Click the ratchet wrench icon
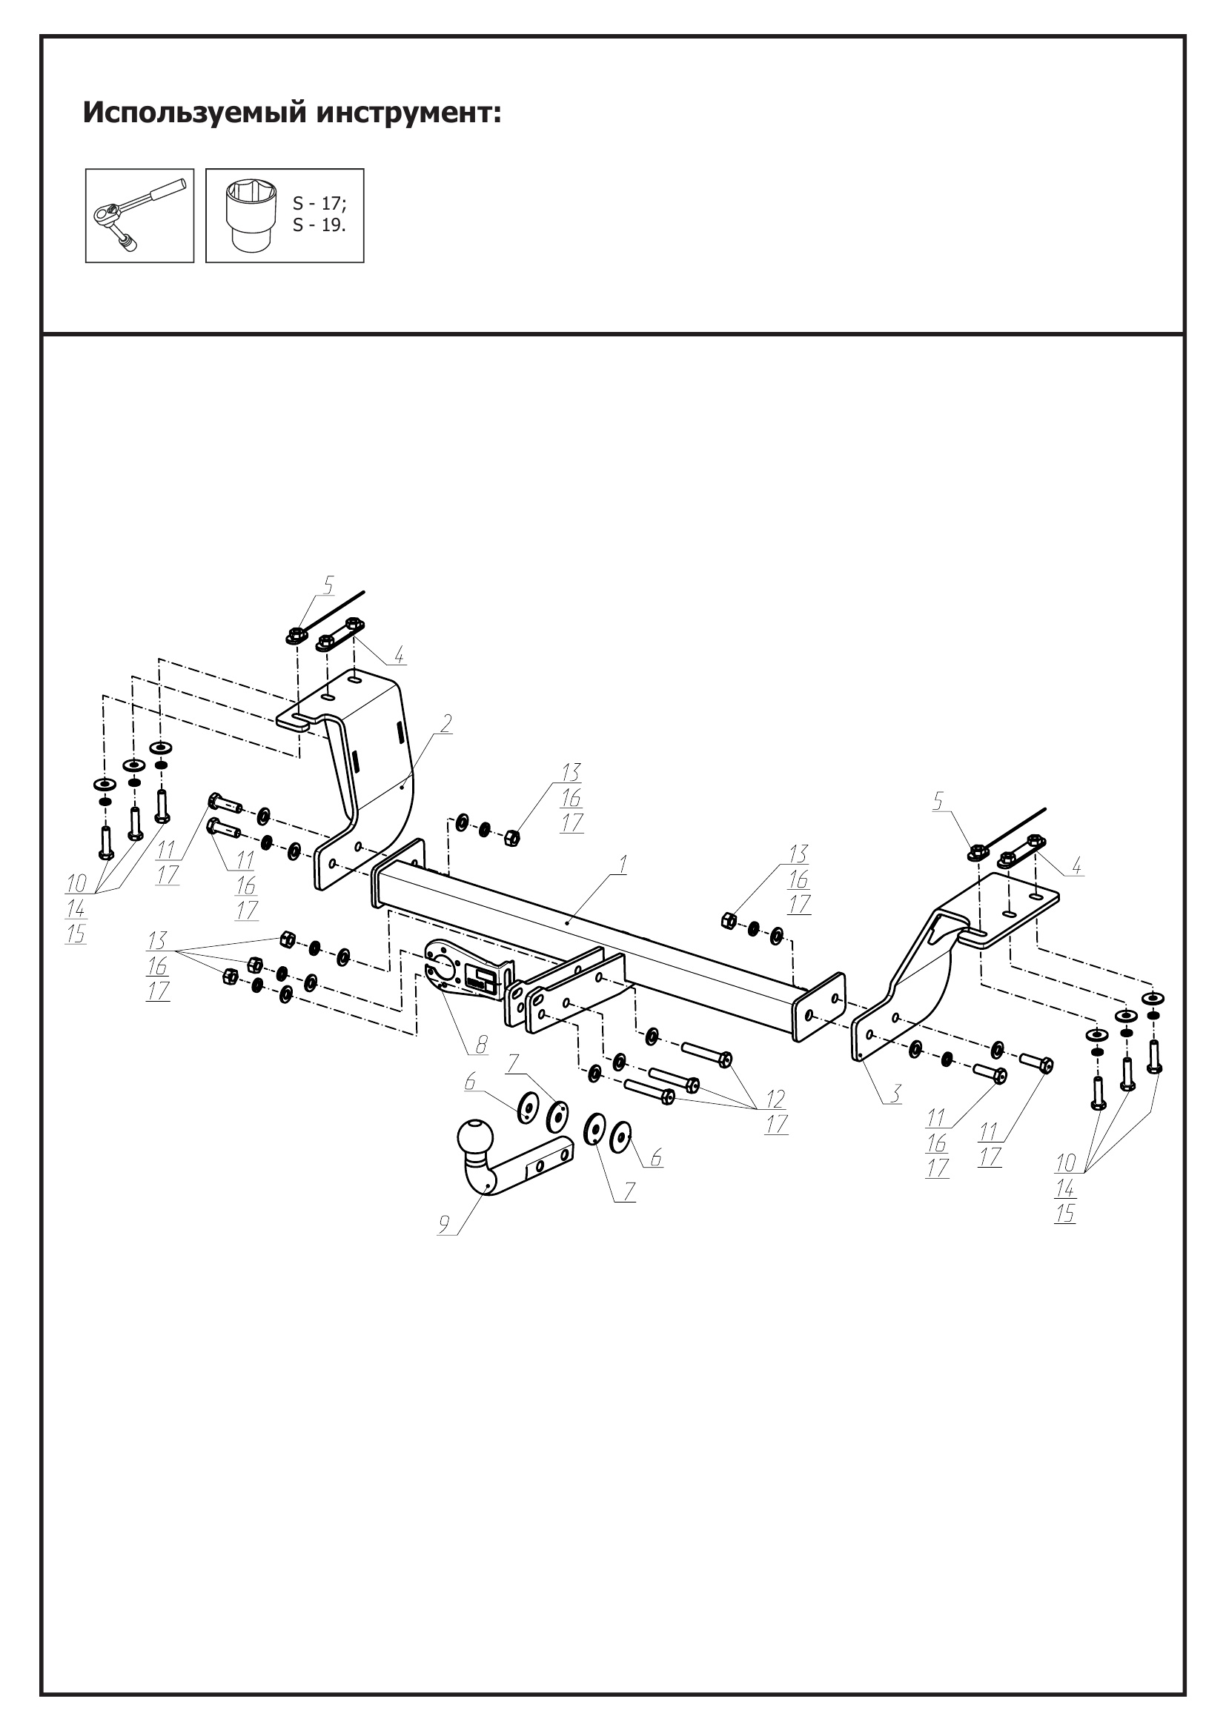click(x=139, y=215)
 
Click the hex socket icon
click(x=251, y=216)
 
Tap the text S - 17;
click(x=319, y=204)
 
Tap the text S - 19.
click(x=319, y=226)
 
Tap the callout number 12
click(x=775, y=1098)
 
